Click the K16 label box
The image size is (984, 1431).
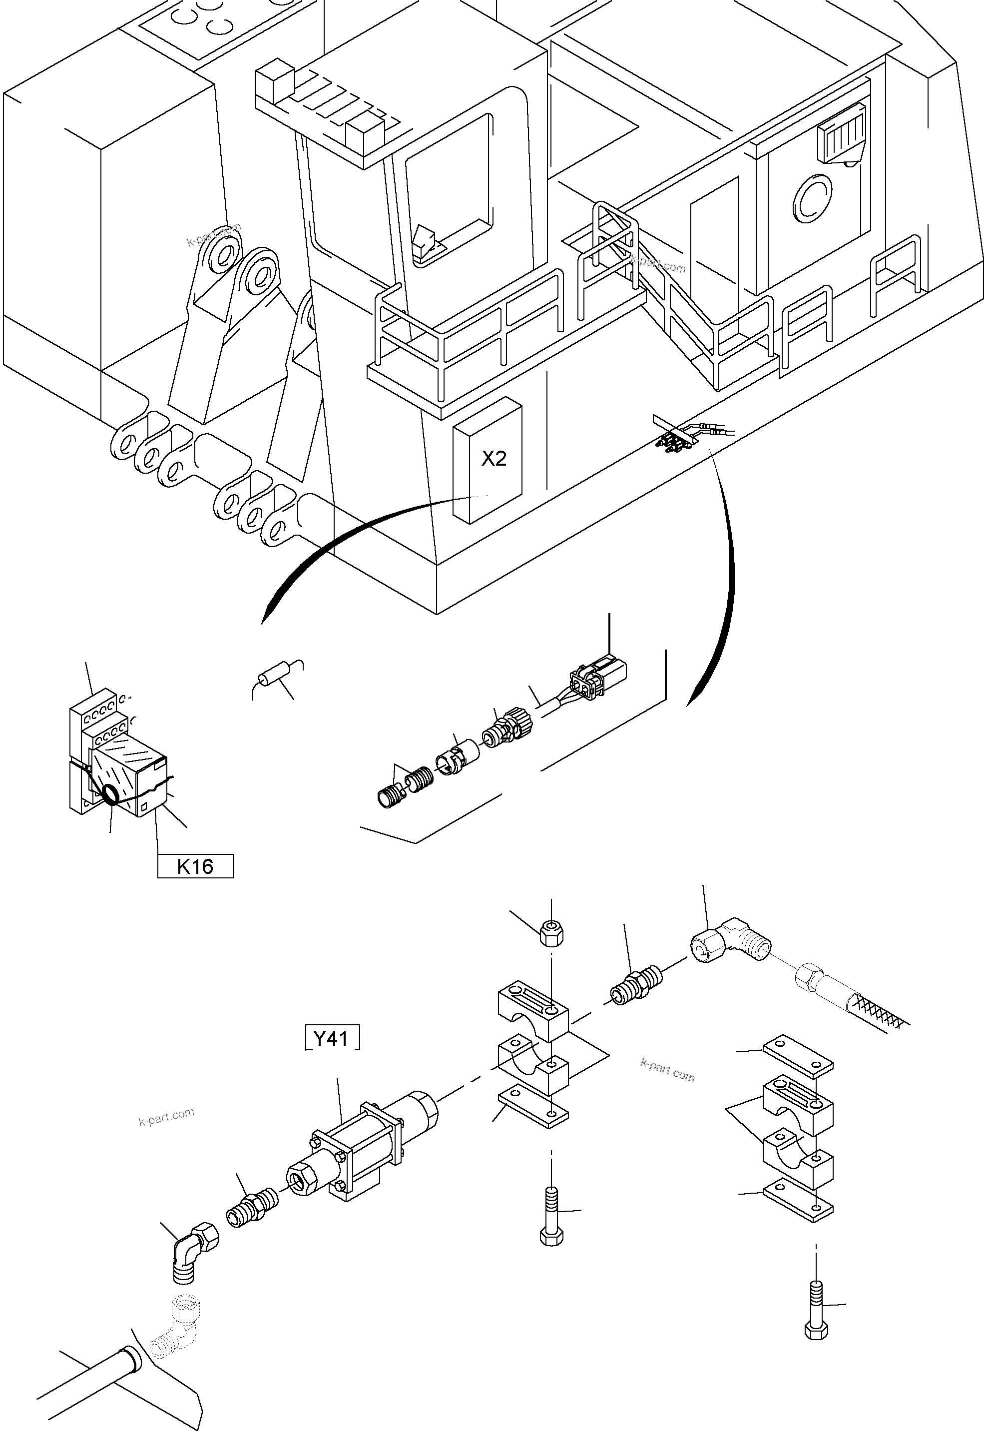coord(195,866)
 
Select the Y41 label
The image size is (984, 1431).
coord(332,1039)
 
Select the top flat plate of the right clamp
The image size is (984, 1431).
coord(798,1056)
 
